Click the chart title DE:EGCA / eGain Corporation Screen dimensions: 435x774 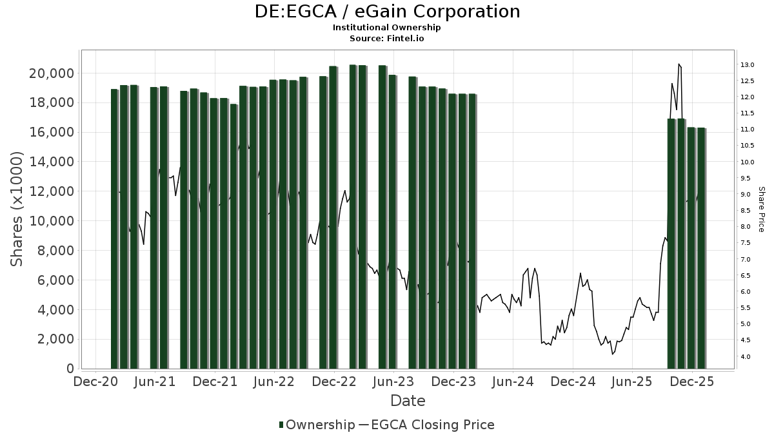(x=387, y=12)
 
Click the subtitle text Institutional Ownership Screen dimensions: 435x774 (x=387, y=28)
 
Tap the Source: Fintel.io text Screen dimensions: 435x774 (x=387, y=38)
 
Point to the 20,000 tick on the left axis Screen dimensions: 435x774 (x=51, y=73)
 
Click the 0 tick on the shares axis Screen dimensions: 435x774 (x=70, y=369)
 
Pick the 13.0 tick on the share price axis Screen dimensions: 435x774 (x=748, y=65)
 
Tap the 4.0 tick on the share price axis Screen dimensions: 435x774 (x=746, y=356)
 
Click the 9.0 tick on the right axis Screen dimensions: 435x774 (x=746, y=195)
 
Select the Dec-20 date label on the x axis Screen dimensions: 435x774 (x=95, y=382)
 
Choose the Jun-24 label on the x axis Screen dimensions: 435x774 (x=513, y=382)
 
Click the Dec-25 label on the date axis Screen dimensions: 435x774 (x=692, y=382)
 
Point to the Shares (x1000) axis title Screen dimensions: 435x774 (x=17, y=209)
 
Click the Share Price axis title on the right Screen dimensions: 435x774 (x=761, y=209)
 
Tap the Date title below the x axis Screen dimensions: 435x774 (x=408, y=401)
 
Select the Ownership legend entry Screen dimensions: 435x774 (x=317, y=425)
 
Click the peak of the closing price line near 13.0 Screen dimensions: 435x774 (x=679, y=64)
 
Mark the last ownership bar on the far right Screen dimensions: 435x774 (x=701, y=248)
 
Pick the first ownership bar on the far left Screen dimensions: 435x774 (x=114, y=229)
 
